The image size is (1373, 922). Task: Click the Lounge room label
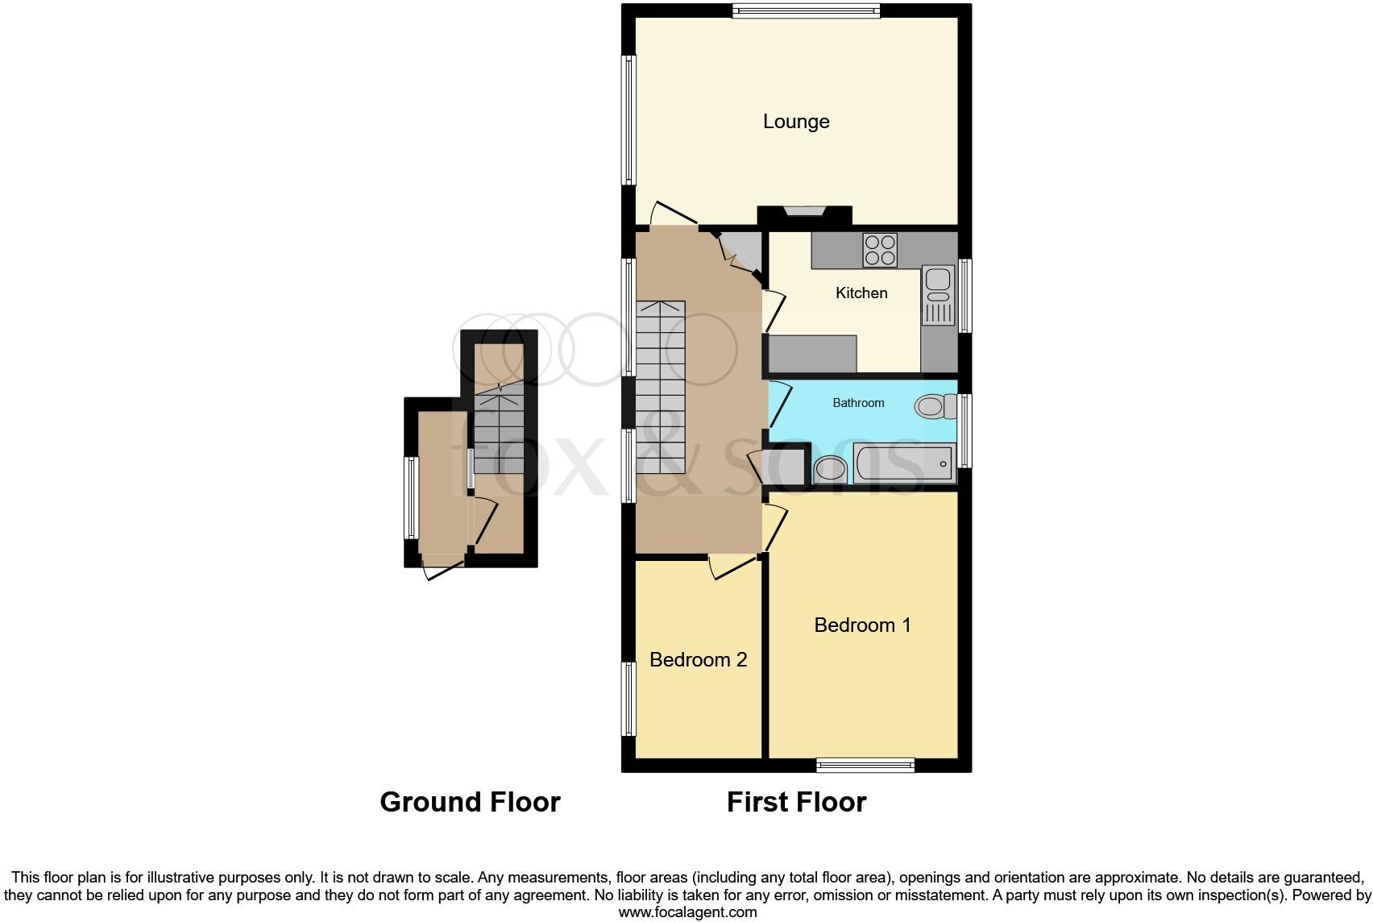click(796, 122)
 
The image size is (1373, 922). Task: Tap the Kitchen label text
click(861, 293)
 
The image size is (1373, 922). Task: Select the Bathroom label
click(858, 403)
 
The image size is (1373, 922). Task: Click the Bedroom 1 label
click(862, 625)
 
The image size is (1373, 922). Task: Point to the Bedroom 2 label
click(698, 660)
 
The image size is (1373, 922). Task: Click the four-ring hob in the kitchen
click(879, 250)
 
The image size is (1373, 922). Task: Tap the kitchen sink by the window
click(938, 295)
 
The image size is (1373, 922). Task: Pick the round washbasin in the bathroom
click(831, 468)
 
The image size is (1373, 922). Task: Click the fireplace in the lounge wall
click(805, 214)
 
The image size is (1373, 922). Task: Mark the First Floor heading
click(796, 802)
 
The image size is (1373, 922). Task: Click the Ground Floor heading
click(470, 802)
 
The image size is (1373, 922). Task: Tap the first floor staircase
click(661, 387)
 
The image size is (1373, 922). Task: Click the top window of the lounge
click(806, 10)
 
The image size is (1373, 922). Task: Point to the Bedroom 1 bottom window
click(865, 765)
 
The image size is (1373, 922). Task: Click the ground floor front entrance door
click(442, 568)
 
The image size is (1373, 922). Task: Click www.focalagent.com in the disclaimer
click(687, 912)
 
